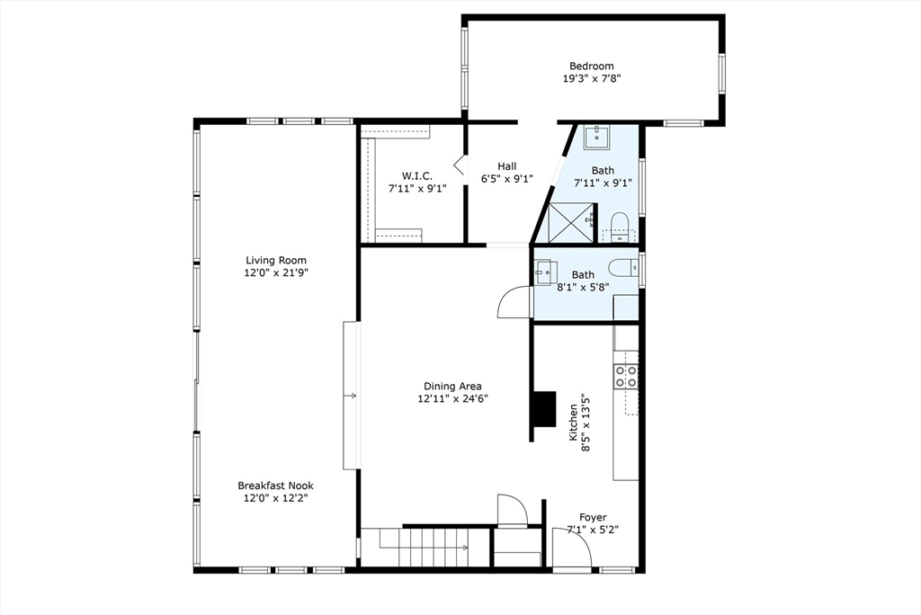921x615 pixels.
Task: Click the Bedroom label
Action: tap(591, 66)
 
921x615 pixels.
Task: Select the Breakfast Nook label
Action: tap(276, 486)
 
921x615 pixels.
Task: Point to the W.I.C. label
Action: tap(416, 176)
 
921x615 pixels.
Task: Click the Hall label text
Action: tap(507, 166)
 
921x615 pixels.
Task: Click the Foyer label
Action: tap(592, 517)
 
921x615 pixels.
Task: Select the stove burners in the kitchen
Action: tap(626, 376)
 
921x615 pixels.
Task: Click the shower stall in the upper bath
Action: tap(568, 222)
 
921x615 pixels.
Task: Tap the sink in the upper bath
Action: tap(596, 138)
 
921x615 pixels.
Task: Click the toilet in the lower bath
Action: tap(620, 268)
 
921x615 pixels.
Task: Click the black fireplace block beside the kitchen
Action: tap(543, 410)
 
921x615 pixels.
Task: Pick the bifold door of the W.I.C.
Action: tap(459, 166)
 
